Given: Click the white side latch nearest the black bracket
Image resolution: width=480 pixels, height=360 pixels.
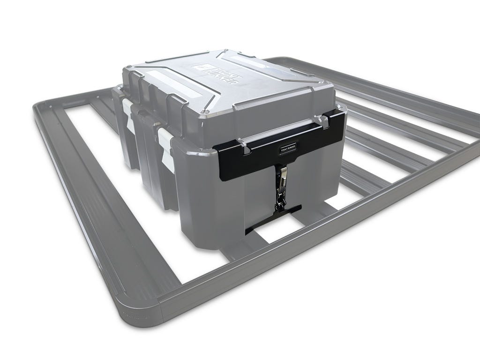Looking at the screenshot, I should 165,141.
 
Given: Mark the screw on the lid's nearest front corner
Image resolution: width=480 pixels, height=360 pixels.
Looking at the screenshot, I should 204,112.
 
